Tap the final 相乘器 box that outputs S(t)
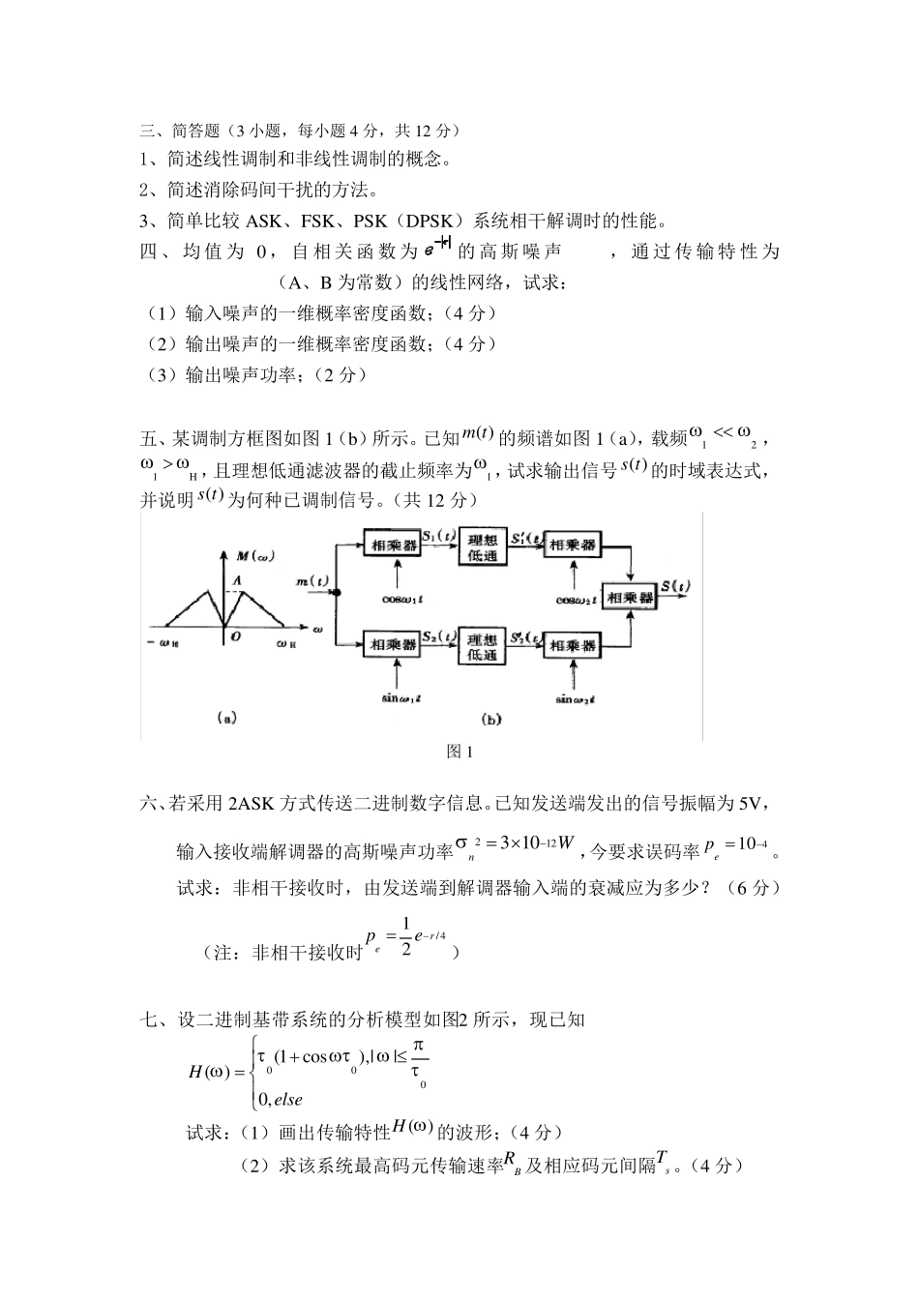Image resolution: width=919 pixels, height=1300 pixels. pyautogui.click(x=629, y=597)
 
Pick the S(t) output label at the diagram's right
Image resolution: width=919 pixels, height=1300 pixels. pyautogui.click(x=675, y=585)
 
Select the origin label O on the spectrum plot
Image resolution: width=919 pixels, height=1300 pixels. pyautogui.click(x=235, y=638)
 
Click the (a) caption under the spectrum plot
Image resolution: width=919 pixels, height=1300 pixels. pyautogui.click(x=225, y=718)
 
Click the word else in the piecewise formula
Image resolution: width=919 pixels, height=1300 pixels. pyautogui.click(x=287, y=1099)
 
